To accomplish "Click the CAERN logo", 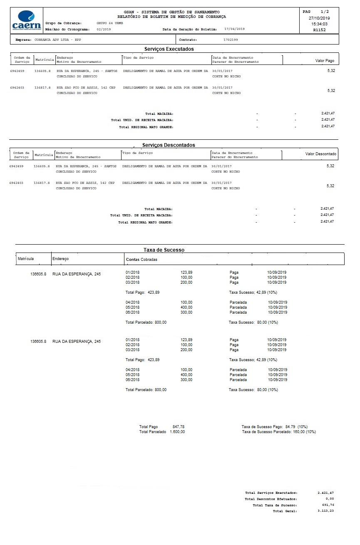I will tap(27, 20).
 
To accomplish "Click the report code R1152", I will tap(319, 30).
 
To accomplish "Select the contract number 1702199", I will tap(231, 40).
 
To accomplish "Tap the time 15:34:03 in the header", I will tap(319, 24).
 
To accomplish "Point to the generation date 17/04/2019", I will tap(234, 29).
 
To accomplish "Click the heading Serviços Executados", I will tap(169, 49).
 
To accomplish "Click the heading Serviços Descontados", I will tap(169, 145).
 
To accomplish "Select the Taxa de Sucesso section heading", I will tap(164, 250).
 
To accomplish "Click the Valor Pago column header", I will tap(325, 61).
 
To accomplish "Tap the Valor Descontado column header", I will tap(320, 154).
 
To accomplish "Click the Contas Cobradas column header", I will tap(142, 260).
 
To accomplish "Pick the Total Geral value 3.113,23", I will tap(325, 511).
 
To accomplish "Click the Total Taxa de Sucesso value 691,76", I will tap(328, 505).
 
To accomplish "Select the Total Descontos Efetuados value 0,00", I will tap(330, 499).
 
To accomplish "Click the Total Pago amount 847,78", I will tap(178, 427).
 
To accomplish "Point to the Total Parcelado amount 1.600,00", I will tap(177, 432).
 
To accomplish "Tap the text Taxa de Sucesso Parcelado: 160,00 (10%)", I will tap(279, 432).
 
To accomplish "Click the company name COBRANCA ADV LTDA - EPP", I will tap(58, 40).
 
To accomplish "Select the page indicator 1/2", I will tap(325, 12).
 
